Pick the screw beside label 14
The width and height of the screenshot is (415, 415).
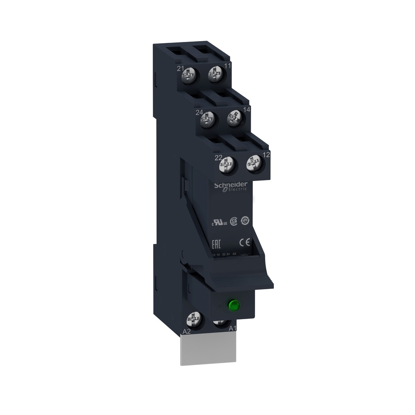(x=234, y=118)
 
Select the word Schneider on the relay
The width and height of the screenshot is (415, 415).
(x=230, y=184)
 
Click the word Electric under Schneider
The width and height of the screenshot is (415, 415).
(x=237, y=189)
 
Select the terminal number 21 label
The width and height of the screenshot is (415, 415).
(x=181, y=68)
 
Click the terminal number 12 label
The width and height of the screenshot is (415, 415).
(x=266, y=154)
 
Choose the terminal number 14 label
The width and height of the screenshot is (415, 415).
(x=247, y=110)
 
